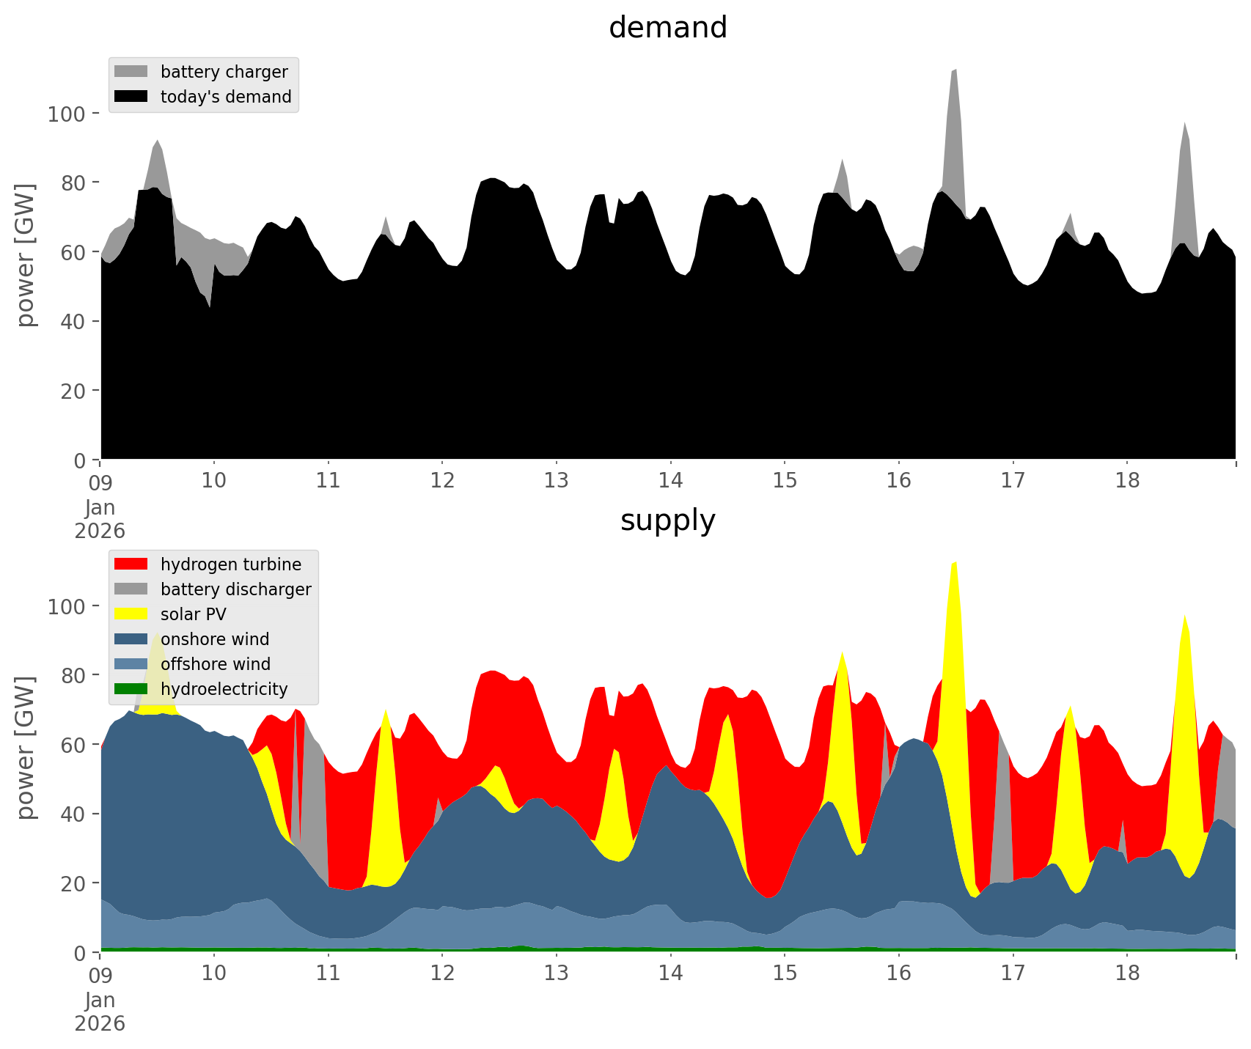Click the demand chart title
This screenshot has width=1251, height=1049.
click(x=667, y=28)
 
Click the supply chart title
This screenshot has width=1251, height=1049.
click(x=667, y=520)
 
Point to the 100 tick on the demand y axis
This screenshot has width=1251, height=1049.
click(x=67, y=114)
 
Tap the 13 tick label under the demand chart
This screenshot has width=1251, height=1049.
click(x=557, y=481)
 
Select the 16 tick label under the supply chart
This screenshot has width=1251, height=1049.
click(x=898, y=973)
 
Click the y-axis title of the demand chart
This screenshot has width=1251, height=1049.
click(x=26, y=254)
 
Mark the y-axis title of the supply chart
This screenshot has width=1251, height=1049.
click(x=26, y=747)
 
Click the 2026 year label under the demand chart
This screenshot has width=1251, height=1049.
click(x=100, y=531)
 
